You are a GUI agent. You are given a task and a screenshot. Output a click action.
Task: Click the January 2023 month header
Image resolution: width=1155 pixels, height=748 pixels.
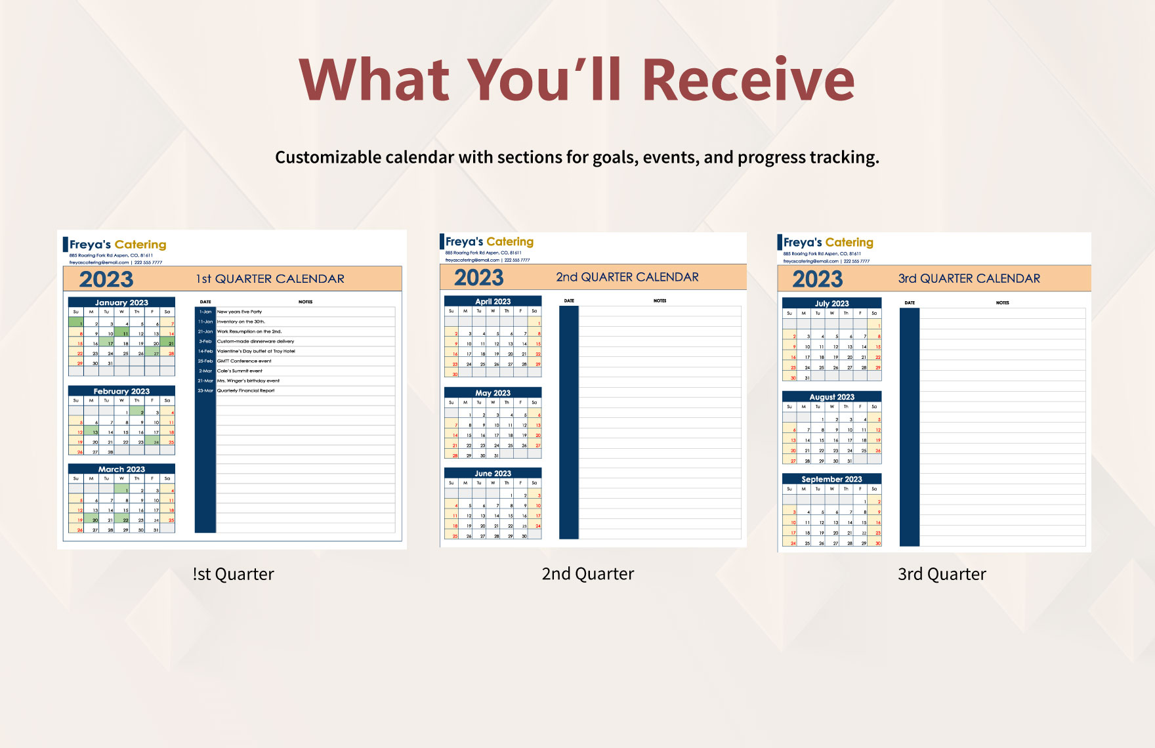coord(121,302)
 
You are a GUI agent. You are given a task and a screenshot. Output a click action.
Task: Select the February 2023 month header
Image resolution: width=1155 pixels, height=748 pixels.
coord(121,391)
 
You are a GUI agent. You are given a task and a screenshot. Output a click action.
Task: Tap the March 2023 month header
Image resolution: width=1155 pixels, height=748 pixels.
coord(121,469)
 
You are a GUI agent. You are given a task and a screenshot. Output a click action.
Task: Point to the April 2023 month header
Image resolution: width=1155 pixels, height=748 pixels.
coord(493,301)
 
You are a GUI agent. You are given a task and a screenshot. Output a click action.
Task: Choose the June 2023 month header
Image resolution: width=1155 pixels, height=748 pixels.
coord(493,473)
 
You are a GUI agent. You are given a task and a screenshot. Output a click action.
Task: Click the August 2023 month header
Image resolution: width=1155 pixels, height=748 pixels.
coord(831,397)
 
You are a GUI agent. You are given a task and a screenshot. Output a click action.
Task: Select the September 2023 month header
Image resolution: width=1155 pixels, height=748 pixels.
coord(831,479)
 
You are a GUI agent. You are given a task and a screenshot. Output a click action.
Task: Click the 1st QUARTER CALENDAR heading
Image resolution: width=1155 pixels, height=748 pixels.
coord(270,279)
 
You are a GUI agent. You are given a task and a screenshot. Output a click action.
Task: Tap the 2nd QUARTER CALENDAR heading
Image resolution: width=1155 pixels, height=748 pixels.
coord(627,277)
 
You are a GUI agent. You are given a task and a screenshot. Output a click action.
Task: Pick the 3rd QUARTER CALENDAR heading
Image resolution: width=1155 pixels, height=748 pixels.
coord(969,278)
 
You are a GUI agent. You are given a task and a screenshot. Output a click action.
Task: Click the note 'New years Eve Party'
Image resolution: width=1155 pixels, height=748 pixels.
coord(240,312)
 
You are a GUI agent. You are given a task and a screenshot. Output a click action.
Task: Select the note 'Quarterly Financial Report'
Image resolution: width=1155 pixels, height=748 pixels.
coord(246,390)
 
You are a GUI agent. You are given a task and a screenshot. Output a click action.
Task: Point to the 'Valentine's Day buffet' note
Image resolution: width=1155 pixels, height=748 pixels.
coord(256,351)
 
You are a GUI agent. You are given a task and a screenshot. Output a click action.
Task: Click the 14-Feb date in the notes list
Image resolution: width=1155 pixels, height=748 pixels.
coord(205,351)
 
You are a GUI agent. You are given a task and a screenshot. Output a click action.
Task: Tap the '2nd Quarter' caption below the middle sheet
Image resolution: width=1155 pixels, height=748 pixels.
coord(588,574)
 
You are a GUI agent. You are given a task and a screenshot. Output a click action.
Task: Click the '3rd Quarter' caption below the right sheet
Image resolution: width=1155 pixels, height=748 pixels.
coord(942,574)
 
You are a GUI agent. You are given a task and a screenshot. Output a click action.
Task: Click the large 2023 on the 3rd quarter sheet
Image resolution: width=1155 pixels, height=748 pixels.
coord(817,280)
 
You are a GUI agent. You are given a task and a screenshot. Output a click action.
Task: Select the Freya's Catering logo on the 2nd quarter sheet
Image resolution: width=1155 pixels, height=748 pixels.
coord(489,241)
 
